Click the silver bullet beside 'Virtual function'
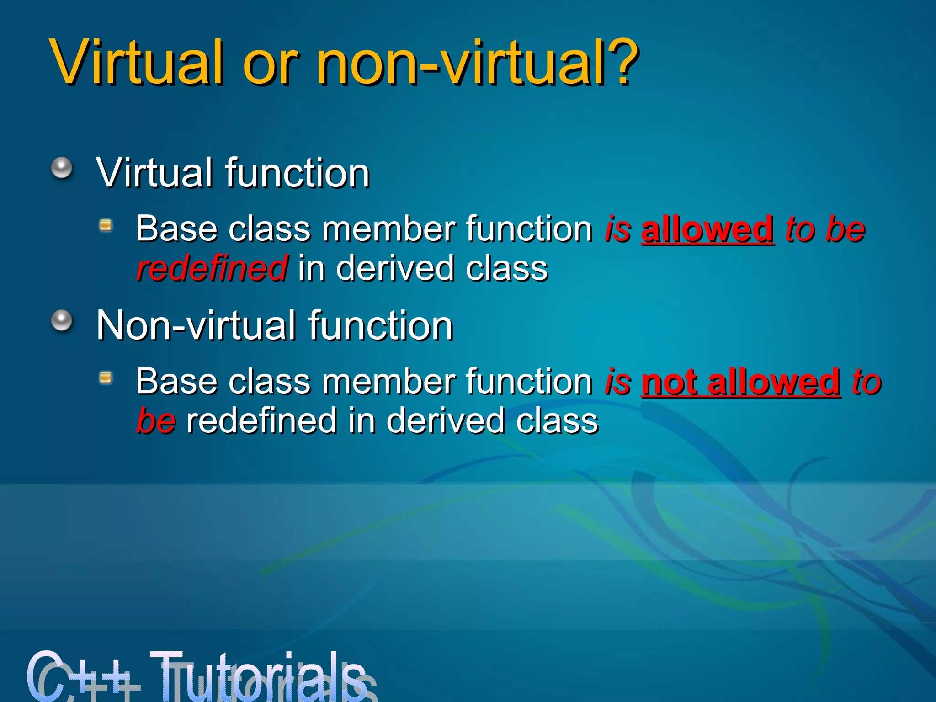pos(62,168)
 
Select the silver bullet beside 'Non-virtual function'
pos(62,320)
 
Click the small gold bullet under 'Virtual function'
pos(106,225)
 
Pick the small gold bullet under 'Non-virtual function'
pos(106,378)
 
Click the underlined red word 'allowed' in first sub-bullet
pos(707,229)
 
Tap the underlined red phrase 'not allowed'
pos(741,382)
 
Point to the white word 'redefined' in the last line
pos(262,421)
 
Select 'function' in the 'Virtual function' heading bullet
pos(297,173)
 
